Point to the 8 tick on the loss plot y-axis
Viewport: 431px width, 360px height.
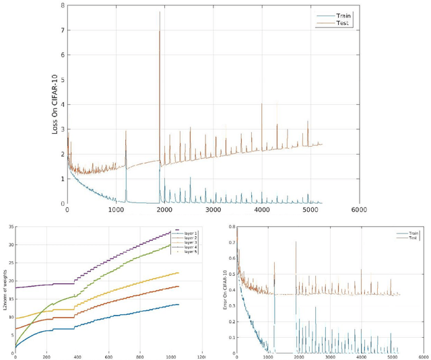62,6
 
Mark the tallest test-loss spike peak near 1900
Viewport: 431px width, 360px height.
160,12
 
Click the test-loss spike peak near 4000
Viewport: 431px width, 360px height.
262,104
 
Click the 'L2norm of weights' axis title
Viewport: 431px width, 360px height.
5,289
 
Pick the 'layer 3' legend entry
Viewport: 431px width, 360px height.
185,242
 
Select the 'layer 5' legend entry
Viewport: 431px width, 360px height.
185,253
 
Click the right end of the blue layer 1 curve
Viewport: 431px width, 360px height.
178,305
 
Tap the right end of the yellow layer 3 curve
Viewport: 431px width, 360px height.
178,273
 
